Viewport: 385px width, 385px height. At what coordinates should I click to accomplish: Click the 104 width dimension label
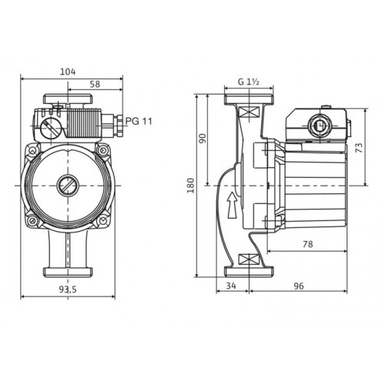pyautogui.click(x=68, y=72)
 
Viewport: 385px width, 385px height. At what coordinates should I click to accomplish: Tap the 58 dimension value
pyautogui.click(x=95, y=84)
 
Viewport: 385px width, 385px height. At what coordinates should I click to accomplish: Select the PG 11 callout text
pyautogui.click(x=139, y=121)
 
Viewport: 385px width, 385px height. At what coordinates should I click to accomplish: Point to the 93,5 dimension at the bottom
pyautogui.click(x=68, y=290)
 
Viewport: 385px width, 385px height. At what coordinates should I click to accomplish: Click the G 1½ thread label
pyautogui.click(x=249, y=82)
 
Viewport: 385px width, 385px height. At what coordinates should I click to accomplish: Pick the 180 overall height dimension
pyautogui.click(x=190, y=186)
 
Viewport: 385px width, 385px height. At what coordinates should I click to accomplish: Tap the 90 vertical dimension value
pyautogui.click(x=203, y=139)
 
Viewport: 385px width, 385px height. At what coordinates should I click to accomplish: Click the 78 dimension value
pyautogui.click(x=308, y=244)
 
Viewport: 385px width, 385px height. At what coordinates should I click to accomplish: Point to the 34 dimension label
pyautogui.click(x=231, y=286)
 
